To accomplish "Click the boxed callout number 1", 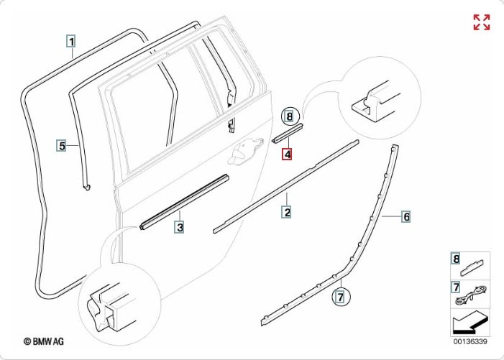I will point(72,41).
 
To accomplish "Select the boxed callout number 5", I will point(63,145).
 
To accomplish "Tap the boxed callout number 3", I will point(180,228).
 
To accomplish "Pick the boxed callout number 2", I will point(286,212).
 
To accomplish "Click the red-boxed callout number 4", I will point(287,154).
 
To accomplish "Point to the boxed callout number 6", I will point(406,216).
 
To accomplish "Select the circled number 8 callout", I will point(289,115).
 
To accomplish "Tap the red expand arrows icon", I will point(481,22).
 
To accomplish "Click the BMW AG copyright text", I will point(44,342).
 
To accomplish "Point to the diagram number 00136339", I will point(470,341).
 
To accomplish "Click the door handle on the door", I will point(246,149).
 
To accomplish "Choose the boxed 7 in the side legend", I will point(455,287).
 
